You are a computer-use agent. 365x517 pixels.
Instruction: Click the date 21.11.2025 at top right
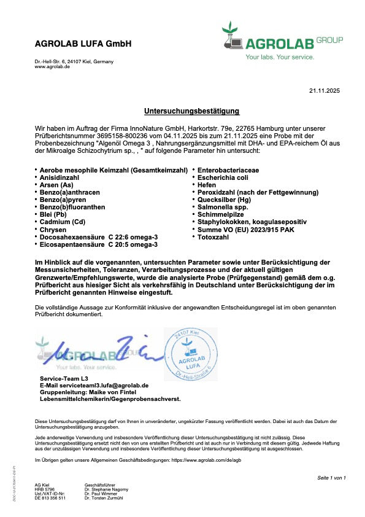click(324, 91)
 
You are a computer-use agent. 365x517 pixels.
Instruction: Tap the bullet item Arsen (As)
click(56, 184)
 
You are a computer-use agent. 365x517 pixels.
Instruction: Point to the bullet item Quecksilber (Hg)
click(224, 200)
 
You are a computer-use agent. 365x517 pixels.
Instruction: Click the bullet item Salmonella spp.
click(223, 207)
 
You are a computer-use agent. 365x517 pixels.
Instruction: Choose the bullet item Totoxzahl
click(213, 237)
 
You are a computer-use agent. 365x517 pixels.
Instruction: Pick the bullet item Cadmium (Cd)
click(62, 222)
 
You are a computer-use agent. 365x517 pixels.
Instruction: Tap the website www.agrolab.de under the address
click(52, 66)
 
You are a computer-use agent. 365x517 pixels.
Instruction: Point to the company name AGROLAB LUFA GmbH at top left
click(83, 44)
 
